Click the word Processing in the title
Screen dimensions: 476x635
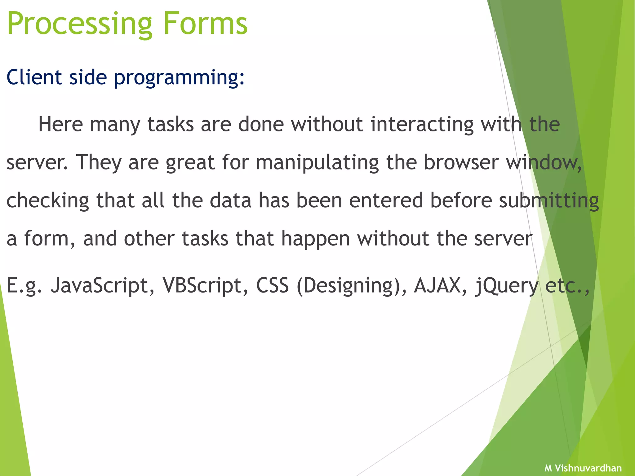click(79, 24)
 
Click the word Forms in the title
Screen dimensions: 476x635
click(205, 24)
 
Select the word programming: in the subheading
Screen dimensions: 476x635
click(179, 77)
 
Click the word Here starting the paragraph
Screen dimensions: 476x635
click(60, 124)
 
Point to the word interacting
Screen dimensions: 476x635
click(422, 124)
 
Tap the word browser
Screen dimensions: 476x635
click(461, 162)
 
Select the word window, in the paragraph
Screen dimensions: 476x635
click(544, 162)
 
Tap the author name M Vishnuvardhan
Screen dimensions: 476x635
click(583, 468)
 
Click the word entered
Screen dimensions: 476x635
click(386, 201)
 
